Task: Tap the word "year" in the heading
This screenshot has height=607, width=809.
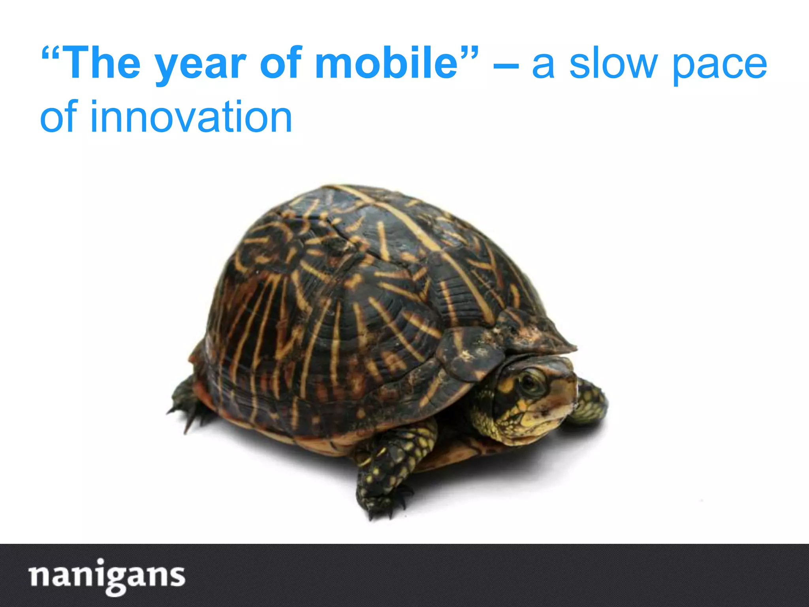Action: [x=201, y=65]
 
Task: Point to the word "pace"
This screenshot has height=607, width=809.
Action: [x=719, y=65]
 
